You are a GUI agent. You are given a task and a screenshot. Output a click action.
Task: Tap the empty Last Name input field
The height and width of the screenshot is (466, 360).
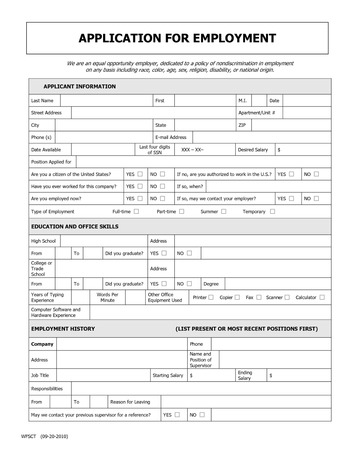point(106,100)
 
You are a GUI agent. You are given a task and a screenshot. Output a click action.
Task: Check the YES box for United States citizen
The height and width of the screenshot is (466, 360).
point(140,174)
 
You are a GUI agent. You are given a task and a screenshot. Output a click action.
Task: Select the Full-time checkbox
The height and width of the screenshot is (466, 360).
point(136,211)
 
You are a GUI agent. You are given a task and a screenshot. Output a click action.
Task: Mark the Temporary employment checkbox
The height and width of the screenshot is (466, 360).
point(272,211)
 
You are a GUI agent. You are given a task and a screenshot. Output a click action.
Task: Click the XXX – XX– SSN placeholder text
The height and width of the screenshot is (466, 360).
point(192,150)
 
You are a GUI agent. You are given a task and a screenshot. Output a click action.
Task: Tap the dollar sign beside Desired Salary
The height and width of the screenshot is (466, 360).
point(279,150)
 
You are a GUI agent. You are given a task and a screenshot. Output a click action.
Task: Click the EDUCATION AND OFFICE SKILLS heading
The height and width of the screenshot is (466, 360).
point(75,227)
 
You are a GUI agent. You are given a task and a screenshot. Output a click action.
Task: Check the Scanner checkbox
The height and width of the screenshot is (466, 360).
point(287,297)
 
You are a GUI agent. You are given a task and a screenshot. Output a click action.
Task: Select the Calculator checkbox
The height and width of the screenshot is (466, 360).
point(322,297)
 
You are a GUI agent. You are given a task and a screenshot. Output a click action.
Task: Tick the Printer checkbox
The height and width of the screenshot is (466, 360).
point(211,297)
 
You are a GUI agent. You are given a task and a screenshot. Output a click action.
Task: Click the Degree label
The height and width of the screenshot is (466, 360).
point(211,284)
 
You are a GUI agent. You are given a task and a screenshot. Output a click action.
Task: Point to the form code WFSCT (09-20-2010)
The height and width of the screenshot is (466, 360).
point(45,436)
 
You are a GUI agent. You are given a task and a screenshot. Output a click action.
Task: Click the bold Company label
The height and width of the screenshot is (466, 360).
point(42,344)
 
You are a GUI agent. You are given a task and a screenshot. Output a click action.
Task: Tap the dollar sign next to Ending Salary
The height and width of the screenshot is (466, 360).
point(271,375)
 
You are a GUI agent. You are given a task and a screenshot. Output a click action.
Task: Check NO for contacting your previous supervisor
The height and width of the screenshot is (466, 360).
point(202,415)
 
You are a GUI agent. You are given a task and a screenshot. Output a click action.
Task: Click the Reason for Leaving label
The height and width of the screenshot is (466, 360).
point(130,402)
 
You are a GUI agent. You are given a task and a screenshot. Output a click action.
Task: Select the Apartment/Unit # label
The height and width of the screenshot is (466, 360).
point(257,113)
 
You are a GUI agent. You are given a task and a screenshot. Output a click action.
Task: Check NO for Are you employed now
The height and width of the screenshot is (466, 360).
point(163,199)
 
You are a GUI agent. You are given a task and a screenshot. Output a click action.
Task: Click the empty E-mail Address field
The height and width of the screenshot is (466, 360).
point(262,137)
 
